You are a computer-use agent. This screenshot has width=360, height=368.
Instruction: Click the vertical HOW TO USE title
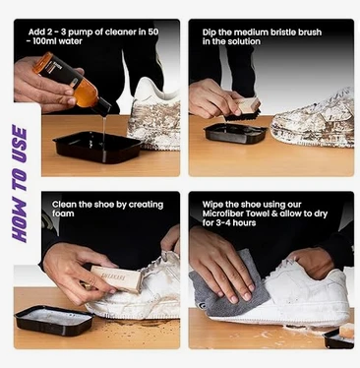20,184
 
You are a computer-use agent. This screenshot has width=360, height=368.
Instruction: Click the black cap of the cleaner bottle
102,106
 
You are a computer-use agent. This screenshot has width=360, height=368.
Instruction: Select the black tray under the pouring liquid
97,147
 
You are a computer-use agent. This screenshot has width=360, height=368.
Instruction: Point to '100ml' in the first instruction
44,41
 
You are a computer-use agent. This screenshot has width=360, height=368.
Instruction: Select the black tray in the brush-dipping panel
235,133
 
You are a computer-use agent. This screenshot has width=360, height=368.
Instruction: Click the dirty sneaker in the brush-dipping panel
313,120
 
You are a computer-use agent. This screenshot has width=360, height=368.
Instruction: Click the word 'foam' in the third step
63,214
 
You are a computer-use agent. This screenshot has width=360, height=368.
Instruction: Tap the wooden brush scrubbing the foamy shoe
115,278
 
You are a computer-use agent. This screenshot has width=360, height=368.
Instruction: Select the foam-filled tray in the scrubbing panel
54,320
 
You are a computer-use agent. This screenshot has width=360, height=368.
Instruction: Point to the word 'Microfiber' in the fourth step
222,214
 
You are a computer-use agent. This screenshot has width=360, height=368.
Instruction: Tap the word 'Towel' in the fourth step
258,214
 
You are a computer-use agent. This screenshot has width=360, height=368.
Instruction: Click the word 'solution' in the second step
246,41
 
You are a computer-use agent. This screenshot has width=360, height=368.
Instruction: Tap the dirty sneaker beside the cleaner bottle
154,115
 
